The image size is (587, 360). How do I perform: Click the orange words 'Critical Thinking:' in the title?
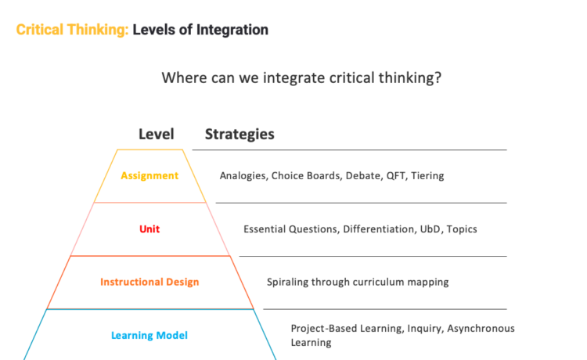(x=72, y=30)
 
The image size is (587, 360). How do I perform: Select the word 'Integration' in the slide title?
(x=232, y=30)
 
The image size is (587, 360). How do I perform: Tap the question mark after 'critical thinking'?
(x=438, y=77)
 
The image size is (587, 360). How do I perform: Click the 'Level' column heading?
(x=156, y=134)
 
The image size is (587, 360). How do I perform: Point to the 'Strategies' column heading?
(x=239, y=135)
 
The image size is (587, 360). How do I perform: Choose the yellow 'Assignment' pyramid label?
(x=149, y=175)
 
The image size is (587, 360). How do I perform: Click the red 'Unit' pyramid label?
(x=149, y=229)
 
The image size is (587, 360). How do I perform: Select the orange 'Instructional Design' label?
(x=149, y=282)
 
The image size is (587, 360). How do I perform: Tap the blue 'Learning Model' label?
(x=149, y=335)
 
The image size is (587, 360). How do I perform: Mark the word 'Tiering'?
(x=427, y=176)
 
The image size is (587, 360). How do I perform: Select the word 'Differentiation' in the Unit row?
(x=379, y=229)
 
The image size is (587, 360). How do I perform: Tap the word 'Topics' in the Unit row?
(x=462, y=229)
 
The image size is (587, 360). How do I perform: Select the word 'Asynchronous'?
(x=481, y=329)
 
